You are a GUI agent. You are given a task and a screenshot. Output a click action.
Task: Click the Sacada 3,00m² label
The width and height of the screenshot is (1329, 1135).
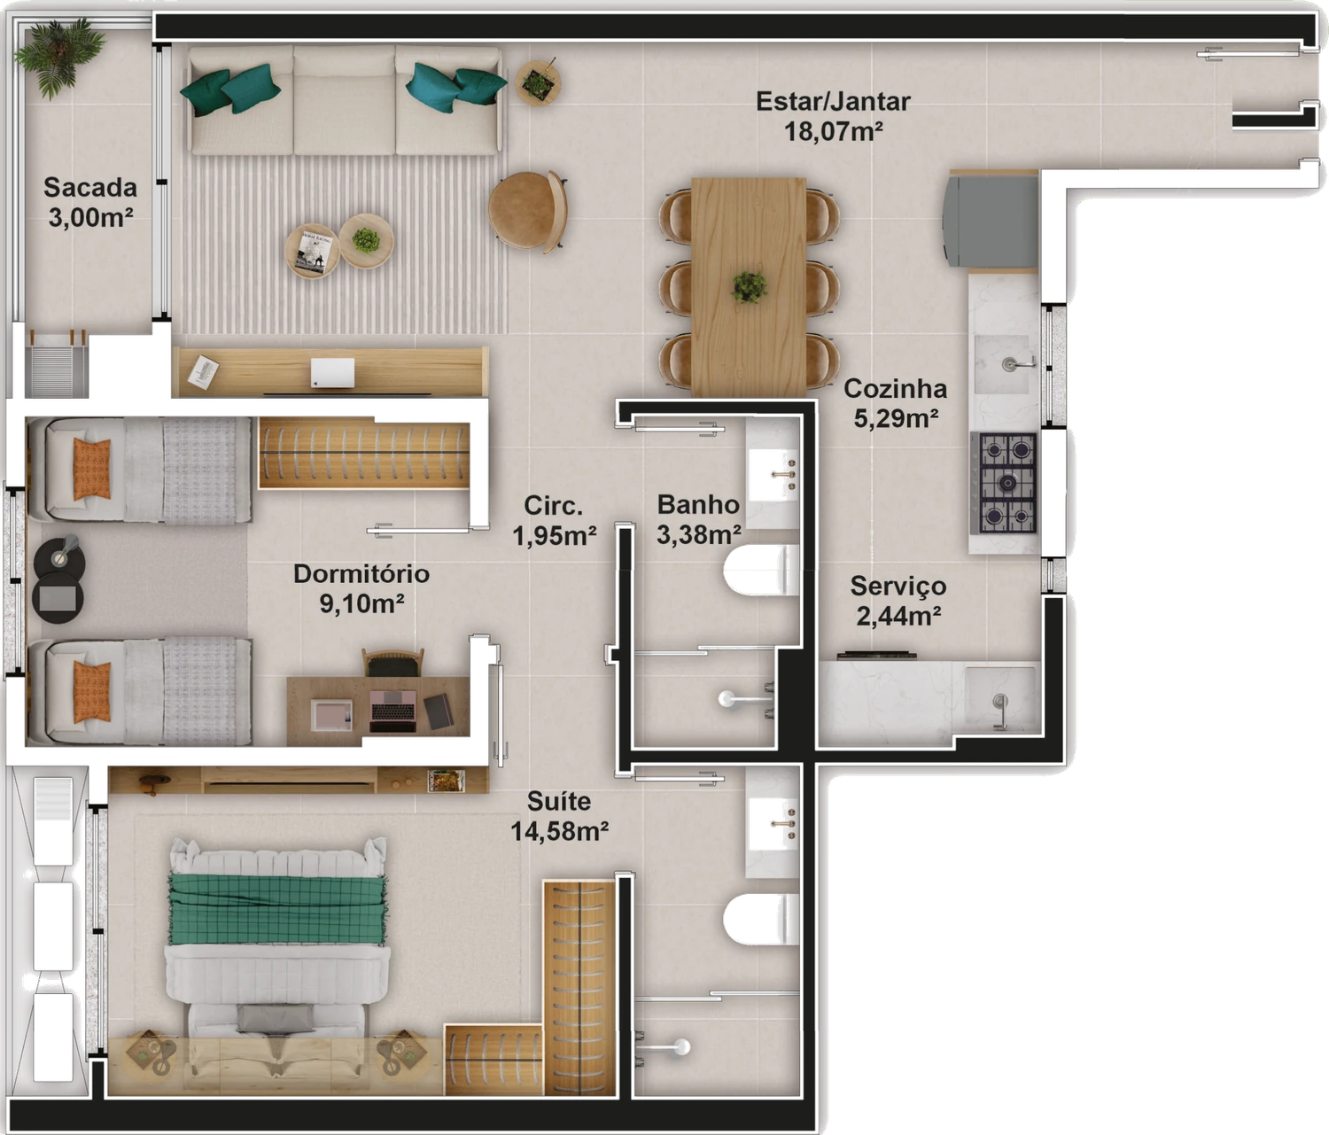coord(90,202)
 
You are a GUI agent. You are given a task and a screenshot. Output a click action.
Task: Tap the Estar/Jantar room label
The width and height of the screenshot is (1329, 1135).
coord(833,116)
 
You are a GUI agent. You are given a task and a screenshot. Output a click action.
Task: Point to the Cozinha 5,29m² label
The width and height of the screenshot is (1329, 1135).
coord(895,403)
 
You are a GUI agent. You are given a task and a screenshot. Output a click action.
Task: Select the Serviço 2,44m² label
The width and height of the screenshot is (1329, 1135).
coord(898,601)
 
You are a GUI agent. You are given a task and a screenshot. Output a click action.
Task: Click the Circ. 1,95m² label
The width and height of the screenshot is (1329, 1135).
coord(555,520)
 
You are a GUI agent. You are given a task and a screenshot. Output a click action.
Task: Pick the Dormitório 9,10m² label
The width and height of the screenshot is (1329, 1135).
coord(361,588)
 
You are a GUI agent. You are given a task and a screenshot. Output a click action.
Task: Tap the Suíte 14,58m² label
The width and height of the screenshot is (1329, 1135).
coord(559,816)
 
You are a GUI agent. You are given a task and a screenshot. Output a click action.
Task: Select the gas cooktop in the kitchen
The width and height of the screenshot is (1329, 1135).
coord(1006,483)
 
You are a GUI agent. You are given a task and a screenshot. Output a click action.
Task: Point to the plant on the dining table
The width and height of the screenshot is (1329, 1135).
coord(749,287)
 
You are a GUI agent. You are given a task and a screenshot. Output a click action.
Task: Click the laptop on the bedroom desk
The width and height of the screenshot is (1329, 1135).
coord(393,711)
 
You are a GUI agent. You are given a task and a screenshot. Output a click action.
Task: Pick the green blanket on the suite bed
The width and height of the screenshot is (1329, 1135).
coord(277,909)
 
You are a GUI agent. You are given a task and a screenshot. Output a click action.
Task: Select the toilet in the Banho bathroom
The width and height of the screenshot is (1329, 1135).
coord(761,571)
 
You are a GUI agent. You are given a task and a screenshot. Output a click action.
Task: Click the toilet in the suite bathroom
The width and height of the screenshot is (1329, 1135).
coord(761,919)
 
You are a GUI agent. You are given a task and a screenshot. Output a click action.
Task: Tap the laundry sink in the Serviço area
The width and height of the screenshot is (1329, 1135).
coord(999,699)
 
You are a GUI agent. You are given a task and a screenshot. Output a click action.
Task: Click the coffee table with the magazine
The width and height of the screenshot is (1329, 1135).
coord(313,251)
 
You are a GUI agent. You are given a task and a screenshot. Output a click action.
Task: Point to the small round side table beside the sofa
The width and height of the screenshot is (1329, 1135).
coord(538,83)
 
